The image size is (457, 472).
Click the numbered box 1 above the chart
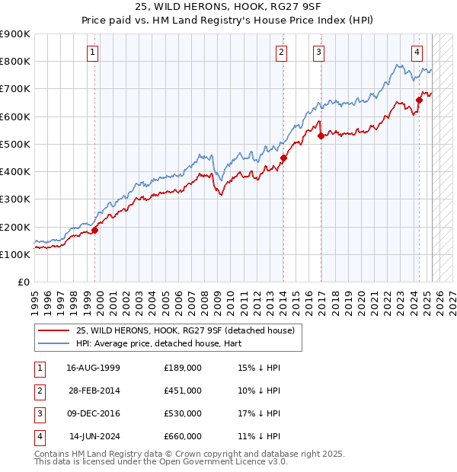(x=92, y=53)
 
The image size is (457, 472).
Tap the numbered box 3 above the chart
(x=318, y=53)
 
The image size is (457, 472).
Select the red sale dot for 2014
(x=283, y=158)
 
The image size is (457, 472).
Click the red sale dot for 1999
(x=95, y=230)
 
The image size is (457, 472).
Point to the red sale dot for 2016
(x=321, y=136)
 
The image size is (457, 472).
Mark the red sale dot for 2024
(x=419, y=100)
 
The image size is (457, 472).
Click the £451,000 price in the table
(x=182, y=390)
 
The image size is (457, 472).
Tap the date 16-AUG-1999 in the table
(x=93, y=367)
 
